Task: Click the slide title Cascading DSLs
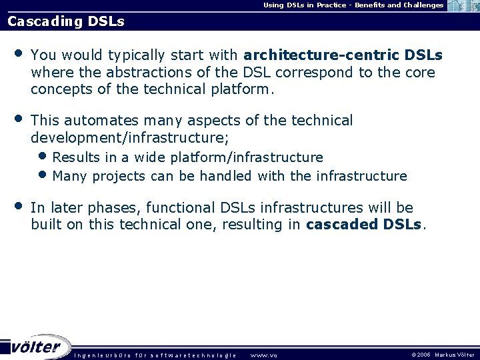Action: click(65, 21)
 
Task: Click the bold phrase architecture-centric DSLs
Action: click(343, 54)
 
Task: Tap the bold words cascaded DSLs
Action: click(364, 225)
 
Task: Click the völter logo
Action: click(36, 347)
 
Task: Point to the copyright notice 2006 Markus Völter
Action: click(443, 355)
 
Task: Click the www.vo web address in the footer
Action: click(263, 355)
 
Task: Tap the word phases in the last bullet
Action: click(115, 208)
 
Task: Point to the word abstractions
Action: click(145, 72)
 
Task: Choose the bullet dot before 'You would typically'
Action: click(18, 52)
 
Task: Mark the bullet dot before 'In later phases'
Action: click(18, 206)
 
